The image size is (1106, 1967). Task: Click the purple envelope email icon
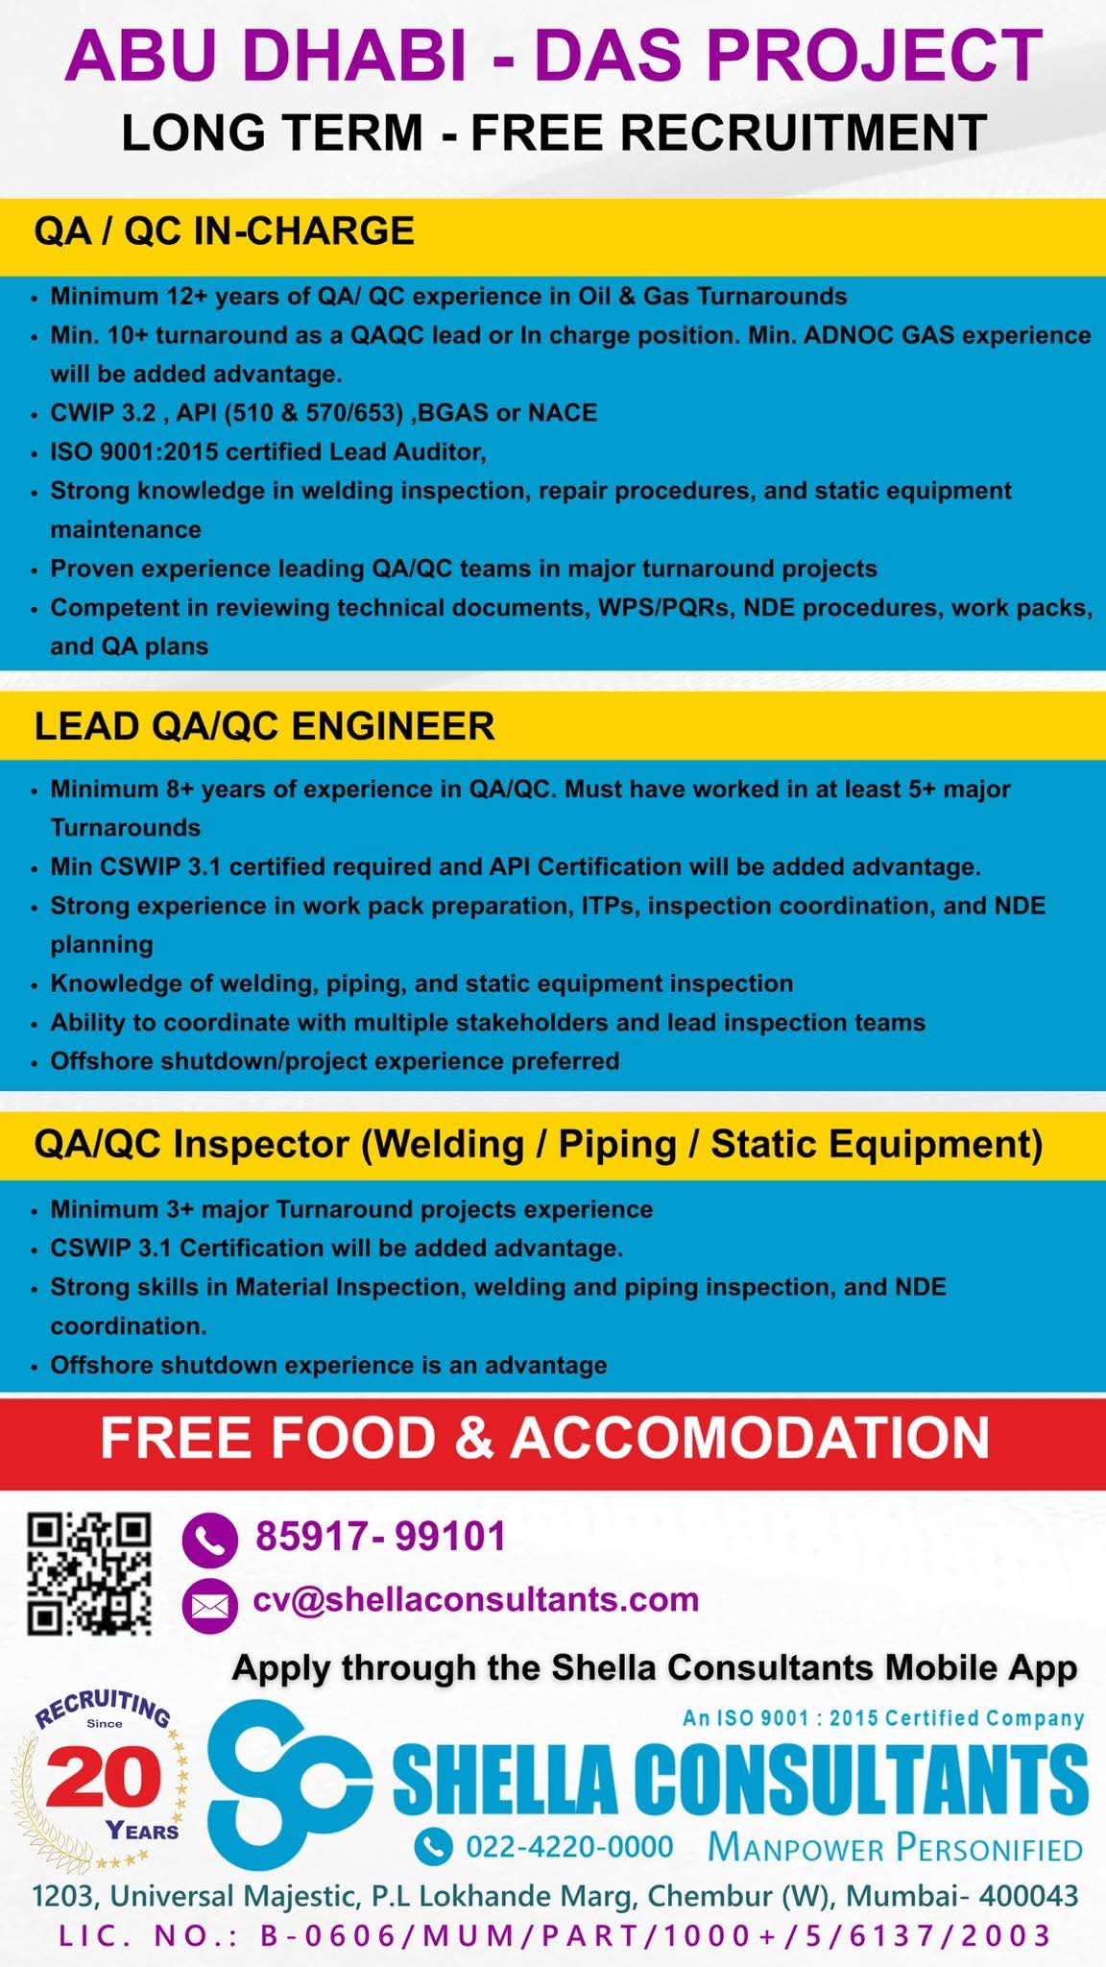click(x=209, y=1604)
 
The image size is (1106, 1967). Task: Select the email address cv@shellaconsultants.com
click(x=476, y=1599)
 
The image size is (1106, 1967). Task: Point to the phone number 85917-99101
click(x=380, y=1537)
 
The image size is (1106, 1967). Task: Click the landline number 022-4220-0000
click(x=569, y=1845)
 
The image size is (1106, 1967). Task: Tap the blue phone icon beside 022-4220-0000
click(x=433, y=1845)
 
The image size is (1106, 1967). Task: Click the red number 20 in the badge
click(x=104, y=1780)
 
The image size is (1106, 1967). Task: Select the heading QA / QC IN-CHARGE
click(x=224, y=231)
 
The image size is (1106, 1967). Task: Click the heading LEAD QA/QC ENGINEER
click(x=264, y=726)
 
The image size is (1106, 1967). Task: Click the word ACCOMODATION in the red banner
click(x=750, y=1439)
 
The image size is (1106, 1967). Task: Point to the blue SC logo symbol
click(x=288, y=1784)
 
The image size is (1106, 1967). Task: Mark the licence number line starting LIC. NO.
click(x=555, y=1934)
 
